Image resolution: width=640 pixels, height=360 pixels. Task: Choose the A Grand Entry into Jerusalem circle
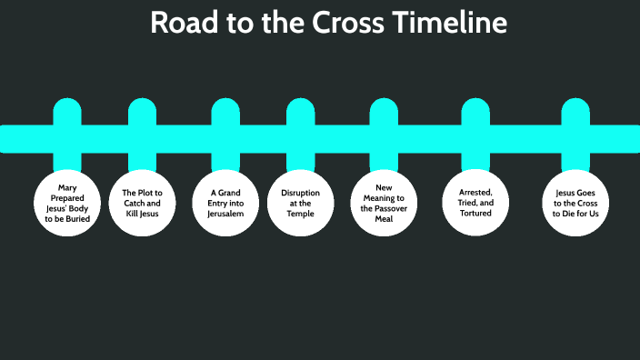point(225,203)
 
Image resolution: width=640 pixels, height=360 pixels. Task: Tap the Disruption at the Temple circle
point(300,203)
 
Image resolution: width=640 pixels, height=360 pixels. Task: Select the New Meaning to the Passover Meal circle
point(383,203)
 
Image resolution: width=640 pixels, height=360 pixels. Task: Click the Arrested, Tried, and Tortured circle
point(475,203)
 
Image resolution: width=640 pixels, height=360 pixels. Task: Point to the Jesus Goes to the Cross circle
point(576,203)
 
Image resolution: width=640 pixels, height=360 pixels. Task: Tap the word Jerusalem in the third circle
point(225,212)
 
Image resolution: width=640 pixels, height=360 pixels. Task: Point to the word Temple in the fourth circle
point(300,212)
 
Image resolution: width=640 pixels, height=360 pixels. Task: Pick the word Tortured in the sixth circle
point(475,213)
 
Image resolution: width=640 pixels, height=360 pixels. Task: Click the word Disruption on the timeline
point(300,193)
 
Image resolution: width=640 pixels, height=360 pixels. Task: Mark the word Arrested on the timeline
point(474,193)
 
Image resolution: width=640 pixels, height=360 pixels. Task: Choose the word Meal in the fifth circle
point(383,217)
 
